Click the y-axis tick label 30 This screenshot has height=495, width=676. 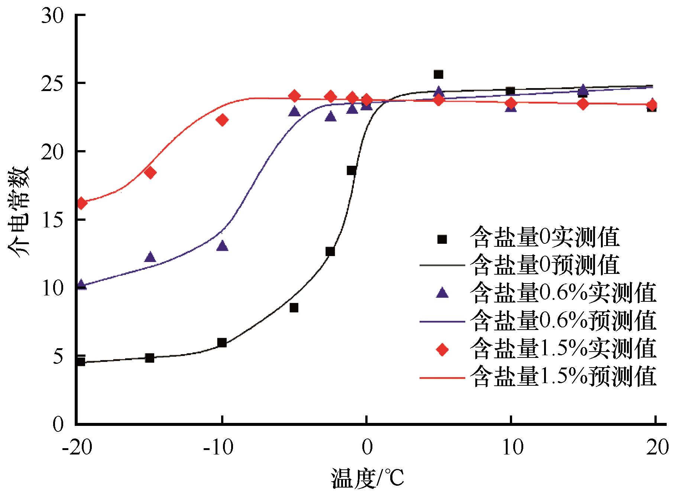pyautogui.click(x=53, y=16)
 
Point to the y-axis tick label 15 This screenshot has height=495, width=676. pyautogui.click(x=53, y=220)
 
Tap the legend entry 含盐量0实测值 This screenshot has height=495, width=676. pyautogui.click(x=544, y=238)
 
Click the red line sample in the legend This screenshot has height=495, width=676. pyautogui.click(x=442, y=378)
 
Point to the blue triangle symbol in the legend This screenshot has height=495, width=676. pyautogui.click(x=442, y=293)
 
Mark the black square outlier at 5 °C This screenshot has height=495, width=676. pyautogui.click(x=439, y=74)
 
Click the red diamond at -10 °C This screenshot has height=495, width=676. pyautogui.click(x=222, y=120)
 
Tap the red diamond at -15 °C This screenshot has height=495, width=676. pyautogui.click(x=150, y=172)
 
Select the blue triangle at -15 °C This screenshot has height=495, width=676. pyautogui.click(x=150, y=257)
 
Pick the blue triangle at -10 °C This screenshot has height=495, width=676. pyautogui.click(x=222, y=246)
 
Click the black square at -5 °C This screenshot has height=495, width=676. pyautogui.click(x=294, y=308)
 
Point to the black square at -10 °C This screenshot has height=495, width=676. pyautogui.click(x=222, y=343)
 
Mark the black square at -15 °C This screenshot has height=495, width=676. pyautogui.click(x=149, y=358)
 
